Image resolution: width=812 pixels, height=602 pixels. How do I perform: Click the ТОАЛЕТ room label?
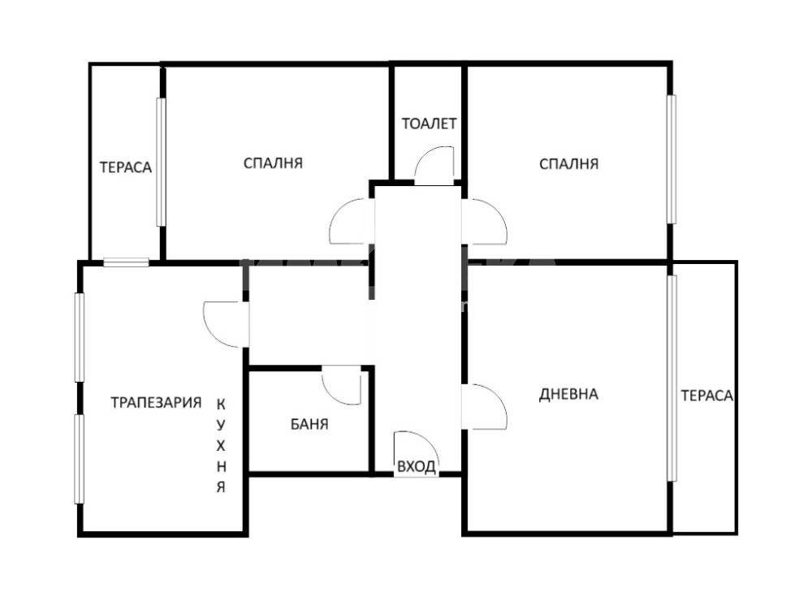[x=430, y=123]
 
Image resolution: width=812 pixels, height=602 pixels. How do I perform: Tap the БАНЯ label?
[x=309, y=424]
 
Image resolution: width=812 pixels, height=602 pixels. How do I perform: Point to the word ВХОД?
[x=417, y=467]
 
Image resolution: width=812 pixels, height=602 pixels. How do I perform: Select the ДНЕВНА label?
[x=568, y=394]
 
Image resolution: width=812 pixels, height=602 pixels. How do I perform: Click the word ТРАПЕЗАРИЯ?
[x=156, y=402]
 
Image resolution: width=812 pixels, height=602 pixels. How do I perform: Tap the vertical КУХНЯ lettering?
[x=221, y=445]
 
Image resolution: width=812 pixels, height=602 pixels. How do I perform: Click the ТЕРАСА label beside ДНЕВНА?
[x=707, y=396]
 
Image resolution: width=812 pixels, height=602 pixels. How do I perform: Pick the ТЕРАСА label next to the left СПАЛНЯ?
[x=126, y=167]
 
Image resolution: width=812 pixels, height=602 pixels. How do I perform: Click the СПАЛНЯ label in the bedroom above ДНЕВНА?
[x=568, y=164]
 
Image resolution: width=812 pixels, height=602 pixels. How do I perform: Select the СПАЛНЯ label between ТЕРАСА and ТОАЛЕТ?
[x=273, y=163]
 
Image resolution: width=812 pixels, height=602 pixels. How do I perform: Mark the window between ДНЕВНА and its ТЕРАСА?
[x=672, y=379]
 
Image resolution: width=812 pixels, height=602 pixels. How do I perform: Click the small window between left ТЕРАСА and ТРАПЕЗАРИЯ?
[x=127, y=262]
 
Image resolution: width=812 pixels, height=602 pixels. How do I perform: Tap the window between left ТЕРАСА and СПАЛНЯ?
[x=161, y=162]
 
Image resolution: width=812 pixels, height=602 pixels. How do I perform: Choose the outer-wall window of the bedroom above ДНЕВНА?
[x=672, y=159]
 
